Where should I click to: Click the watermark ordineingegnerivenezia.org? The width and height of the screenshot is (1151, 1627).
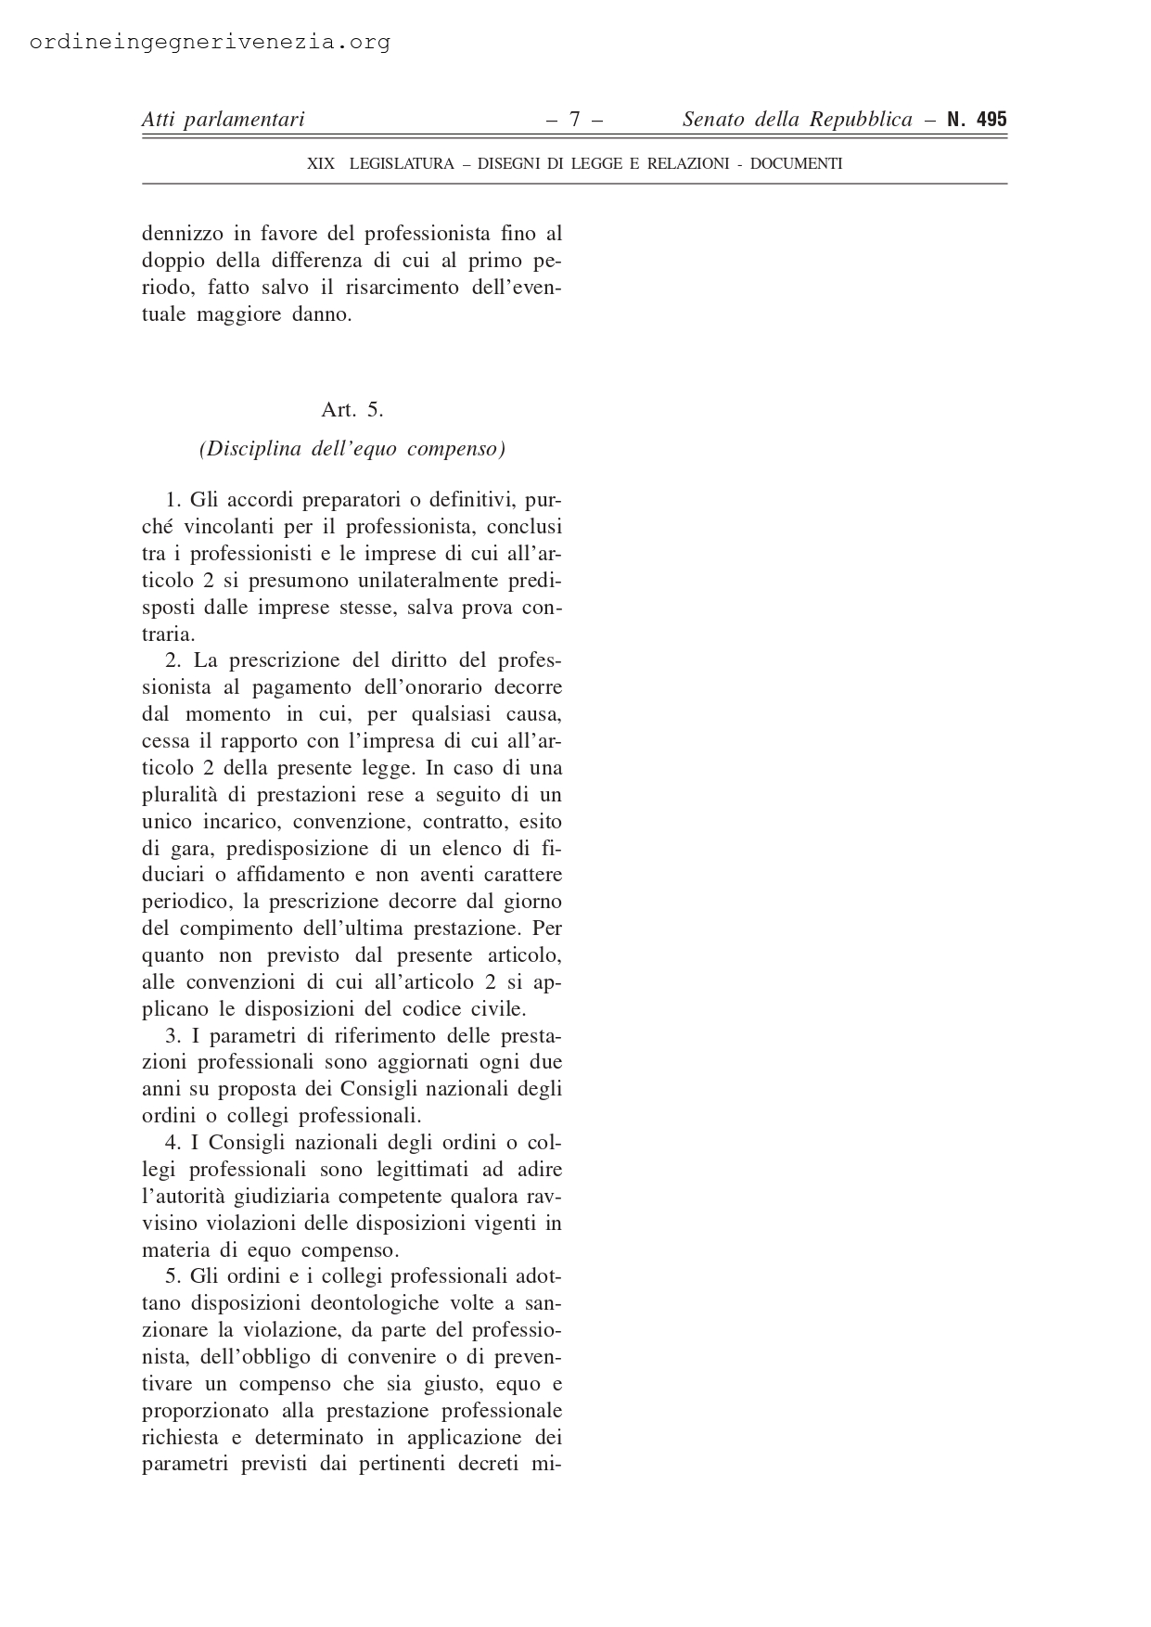211,43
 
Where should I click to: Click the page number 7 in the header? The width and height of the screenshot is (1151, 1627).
575,120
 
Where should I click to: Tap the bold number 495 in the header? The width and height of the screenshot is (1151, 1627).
991,120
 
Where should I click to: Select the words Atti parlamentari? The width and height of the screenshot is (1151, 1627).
223,120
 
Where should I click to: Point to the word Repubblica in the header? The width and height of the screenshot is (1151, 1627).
859,120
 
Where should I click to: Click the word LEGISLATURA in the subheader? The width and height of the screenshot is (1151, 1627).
402,164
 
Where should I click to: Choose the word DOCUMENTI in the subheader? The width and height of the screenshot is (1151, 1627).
796,164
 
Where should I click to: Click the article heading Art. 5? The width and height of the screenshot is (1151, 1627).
352,409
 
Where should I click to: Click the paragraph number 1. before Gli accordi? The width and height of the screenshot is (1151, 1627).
173,501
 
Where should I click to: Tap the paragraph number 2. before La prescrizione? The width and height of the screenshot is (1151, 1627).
173,661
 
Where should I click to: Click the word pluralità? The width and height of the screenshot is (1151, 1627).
185,796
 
